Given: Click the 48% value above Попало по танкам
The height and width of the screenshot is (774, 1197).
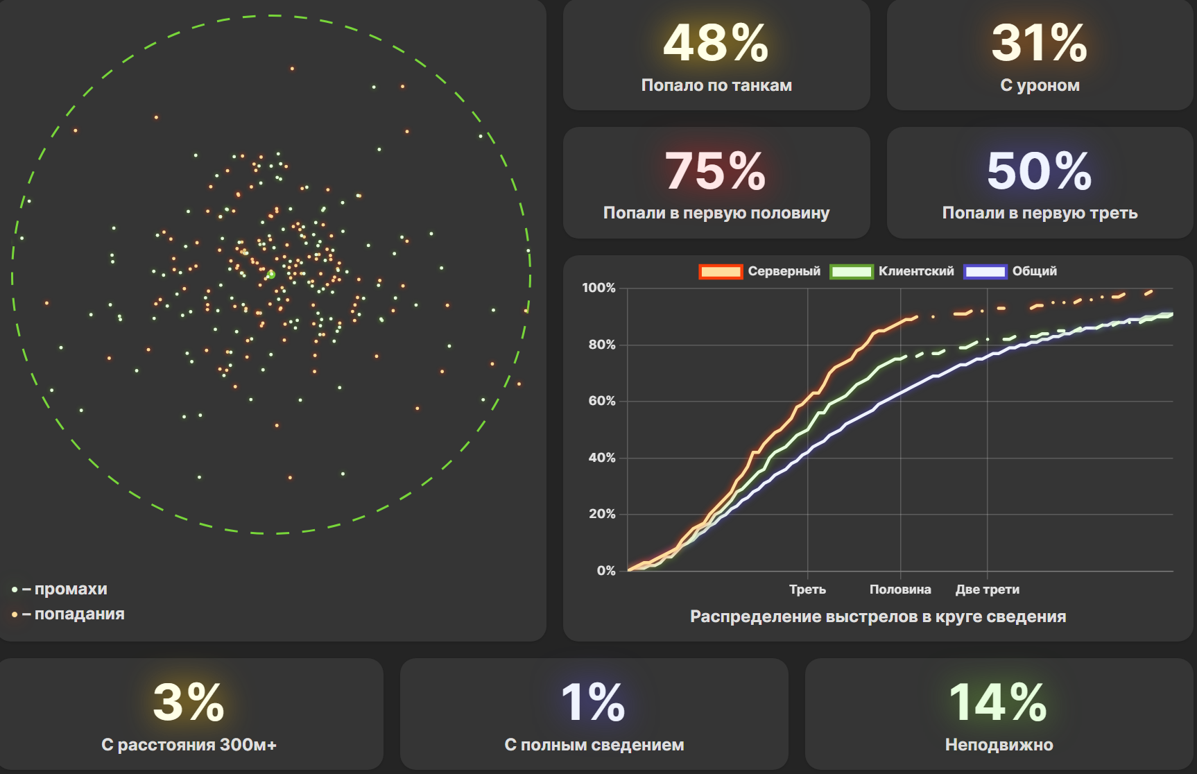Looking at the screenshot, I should [716, 44].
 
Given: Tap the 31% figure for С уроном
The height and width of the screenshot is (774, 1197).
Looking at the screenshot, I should [1039, 44].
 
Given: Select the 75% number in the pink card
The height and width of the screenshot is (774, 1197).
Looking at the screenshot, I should [716, 171].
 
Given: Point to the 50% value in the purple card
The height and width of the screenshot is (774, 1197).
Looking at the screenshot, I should [1039, 171].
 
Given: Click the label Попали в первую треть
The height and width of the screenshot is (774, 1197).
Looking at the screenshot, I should [1040, 213].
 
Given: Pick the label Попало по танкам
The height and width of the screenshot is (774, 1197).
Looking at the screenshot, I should [716, 85].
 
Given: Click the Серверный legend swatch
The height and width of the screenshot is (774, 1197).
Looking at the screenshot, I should [721, 272].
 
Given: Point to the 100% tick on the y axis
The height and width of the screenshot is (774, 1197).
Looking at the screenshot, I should [599, 288].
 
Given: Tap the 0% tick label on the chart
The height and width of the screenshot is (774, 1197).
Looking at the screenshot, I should [606, 571].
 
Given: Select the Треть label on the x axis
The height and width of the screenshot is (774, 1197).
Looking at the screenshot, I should [807, 590].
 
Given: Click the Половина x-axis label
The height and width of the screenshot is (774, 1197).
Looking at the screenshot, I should [900, 590].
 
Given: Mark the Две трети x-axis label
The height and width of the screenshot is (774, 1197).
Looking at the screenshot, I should [987, 590].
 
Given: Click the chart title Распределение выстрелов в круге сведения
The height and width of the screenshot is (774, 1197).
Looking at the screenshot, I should [878, 617].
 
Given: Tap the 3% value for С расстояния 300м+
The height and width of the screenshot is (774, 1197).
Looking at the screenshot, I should [189, 703].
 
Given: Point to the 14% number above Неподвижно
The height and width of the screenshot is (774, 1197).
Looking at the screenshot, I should [998, 703].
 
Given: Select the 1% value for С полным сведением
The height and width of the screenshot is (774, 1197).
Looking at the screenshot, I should [593, 703].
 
